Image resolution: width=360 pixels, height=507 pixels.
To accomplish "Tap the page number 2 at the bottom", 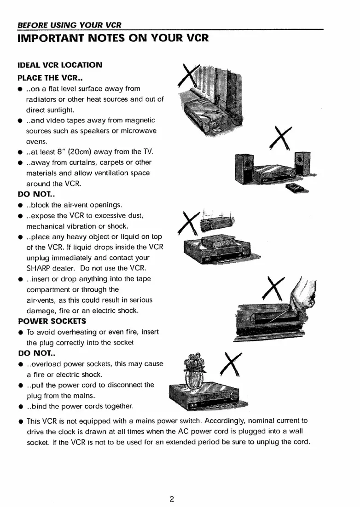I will point(171,486).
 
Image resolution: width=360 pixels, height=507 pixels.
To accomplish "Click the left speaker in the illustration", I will point(243,168).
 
